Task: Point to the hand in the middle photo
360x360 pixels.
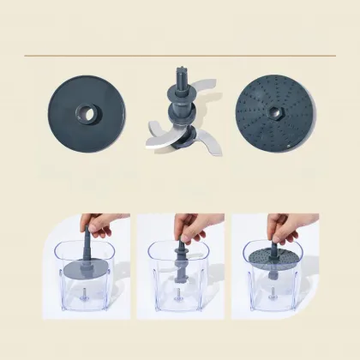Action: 186,225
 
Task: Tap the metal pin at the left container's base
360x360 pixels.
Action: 88,301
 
